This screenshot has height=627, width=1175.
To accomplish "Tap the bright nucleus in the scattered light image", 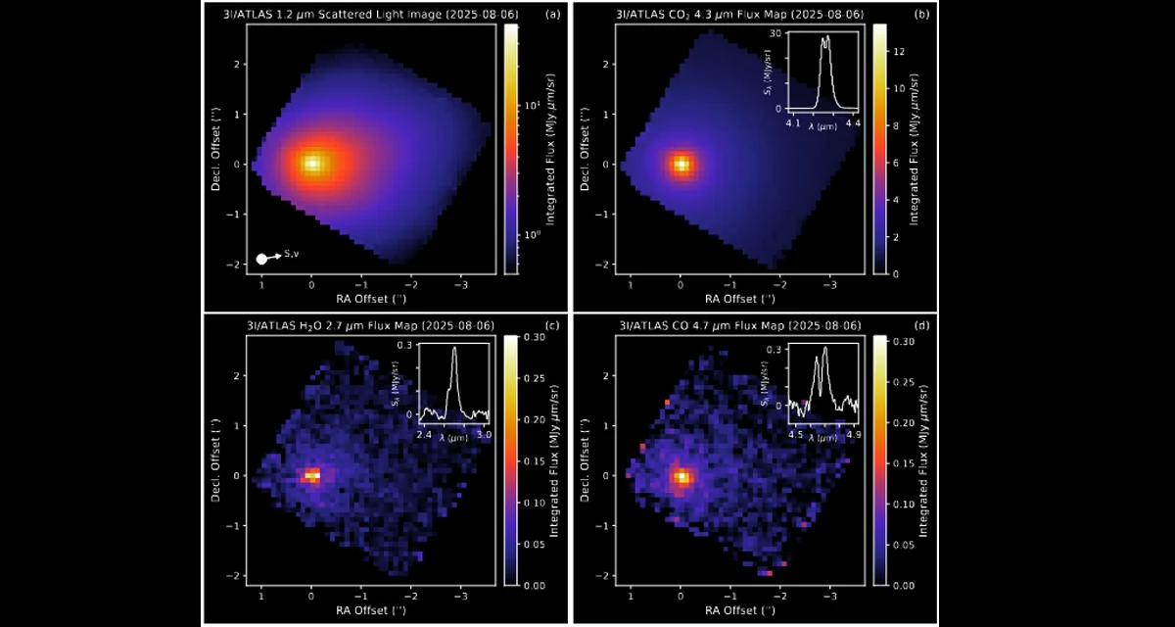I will (311, 164).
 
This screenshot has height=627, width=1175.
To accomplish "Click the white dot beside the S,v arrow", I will (261, 259).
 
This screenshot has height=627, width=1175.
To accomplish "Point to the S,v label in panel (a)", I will (292, 255).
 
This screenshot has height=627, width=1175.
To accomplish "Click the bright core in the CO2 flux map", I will (681, 164).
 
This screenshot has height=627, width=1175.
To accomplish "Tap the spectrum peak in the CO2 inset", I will (825, 38).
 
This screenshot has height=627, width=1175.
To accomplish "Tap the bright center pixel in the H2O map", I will (311, 475).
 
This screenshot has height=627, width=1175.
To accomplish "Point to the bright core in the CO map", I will (681, 477).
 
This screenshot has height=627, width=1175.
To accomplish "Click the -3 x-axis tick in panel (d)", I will (828, 596).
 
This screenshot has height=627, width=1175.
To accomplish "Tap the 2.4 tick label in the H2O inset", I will (424, 432).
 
